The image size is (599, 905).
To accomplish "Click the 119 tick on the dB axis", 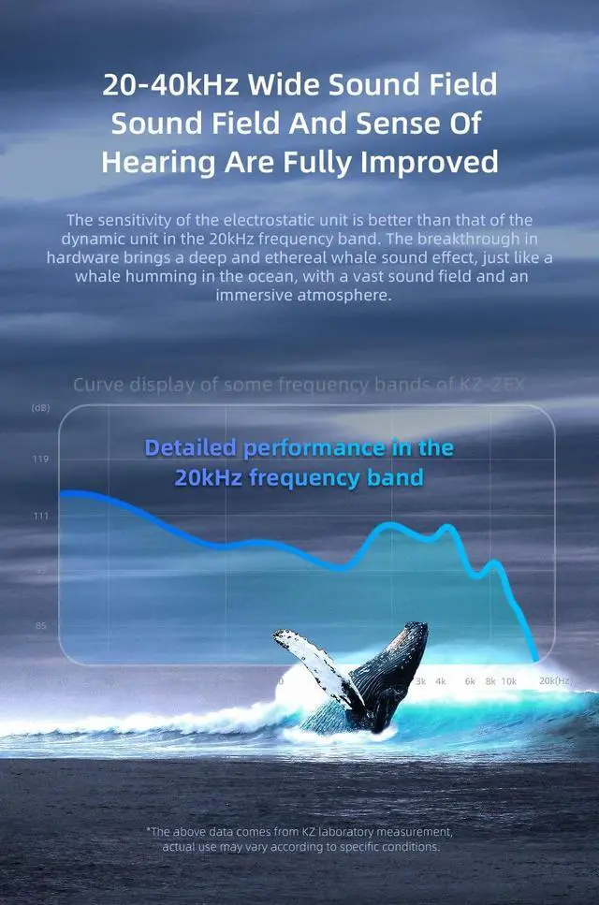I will [39, 460].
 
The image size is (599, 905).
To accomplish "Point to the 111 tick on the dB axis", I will [39, 516].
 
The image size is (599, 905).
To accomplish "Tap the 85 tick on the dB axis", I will [39, 626].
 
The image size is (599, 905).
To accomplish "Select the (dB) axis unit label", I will [40, 408].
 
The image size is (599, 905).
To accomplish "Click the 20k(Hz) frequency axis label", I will [556, 681].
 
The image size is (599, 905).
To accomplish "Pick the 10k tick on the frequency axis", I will [508, 681].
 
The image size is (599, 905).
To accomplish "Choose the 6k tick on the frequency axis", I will [470, 681].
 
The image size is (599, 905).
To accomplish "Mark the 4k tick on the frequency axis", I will [440, 681].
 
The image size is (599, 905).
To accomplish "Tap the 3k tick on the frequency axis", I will [420, 681].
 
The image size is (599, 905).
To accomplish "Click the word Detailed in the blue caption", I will [191, 447].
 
